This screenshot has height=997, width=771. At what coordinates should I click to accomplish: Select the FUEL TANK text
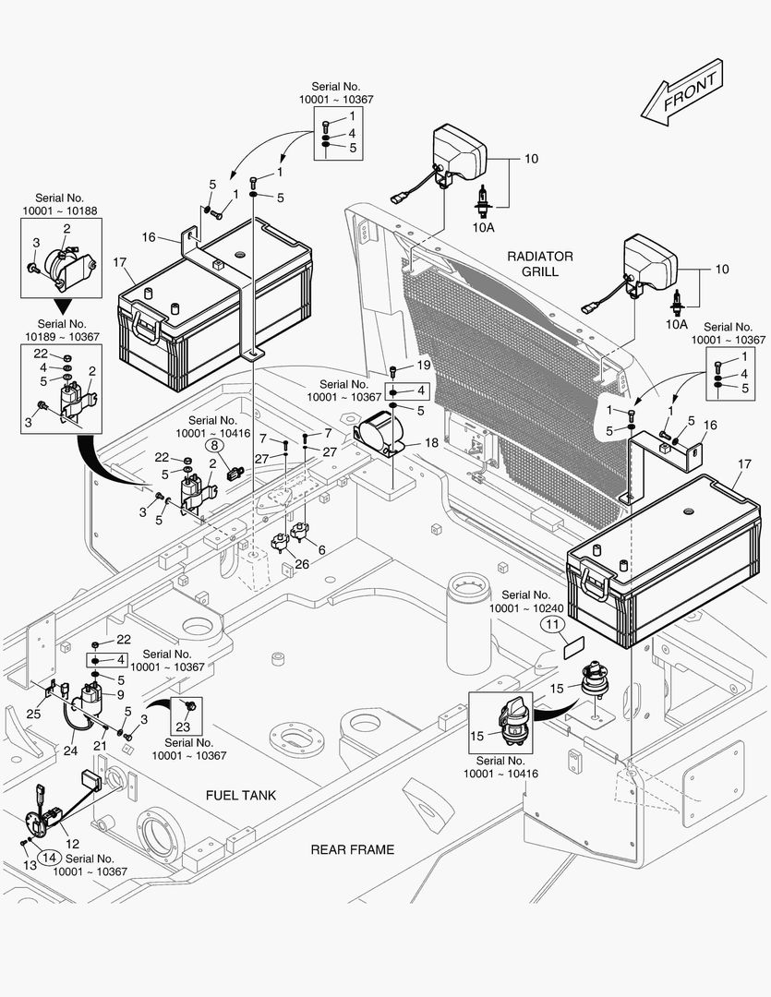[x=241, y=795]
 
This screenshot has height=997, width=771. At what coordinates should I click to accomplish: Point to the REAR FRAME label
[x=352, y=849]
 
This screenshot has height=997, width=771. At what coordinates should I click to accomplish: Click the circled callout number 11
[x=553, y=625]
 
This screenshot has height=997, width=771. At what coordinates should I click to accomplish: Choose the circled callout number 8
[x=211, y=445]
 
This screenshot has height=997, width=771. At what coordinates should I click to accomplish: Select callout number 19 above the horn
[x=398, y=366]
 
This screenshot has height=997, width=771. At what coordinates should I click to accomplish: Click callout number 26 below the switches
[x=301, y=564]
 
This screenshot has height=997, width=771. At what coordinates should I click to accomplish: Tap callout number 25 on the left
[x=33, y=714]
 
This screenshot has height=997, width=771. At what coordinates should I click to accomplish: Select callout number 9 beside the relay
[x=120, y=695]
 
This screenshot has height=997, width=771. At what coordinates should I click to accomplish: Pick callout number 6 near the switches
[x=321, y=550]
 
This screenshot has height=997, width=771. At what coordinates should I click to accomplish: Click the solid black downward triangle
[x=62, y=306]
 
